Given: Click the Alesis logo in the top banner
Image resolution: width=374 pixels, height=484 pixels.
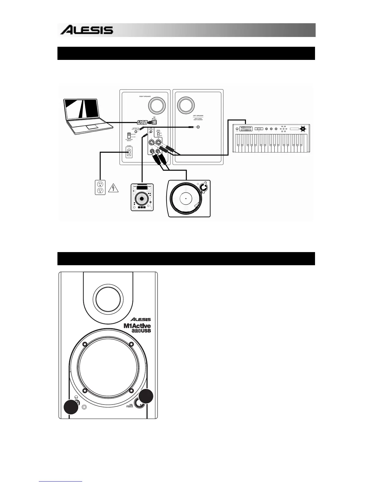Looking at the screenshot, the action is [x=87, y=30].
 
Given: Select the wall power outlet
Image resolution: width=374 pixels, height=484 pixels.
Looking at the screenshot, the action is [x=100, y=187].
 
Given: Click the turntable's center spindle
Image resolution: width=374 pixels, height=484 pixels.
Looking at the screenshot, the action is [x=185, y=198].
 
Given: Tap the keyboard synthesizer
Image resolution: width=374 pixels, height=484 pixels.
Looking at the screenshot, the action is [x=271, y=139].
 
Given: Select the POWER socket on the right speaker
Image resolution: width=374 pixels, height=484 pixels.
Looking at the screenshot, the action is [x=129, y=152].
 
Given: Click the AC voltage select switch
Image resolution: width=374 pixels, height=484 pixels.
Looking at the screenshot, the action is [x=129, y=136].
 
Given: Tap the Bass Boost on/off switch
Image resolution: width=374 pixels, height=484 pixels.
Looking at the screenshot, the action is [x=158, y=134].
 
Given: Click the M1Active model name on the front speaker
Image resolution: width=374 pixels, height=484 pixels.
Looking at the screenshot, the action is [x=137, y=326].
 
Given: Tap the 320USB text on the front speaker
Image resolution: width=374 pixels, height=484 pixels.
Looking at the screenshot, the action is [x=141, y=331].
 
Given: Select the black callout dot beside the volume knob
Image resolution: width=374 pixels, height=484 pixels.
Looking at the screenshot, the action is [x=146, y=396].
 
